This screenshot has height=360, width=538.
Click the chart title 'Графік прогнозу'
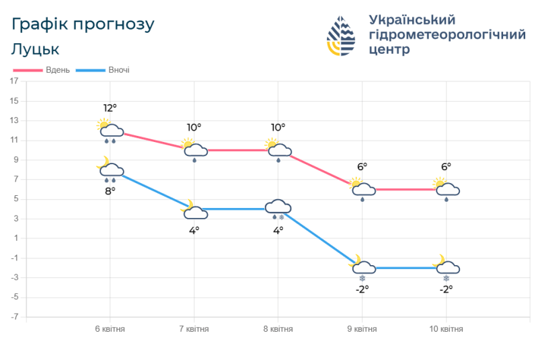click(83, 25)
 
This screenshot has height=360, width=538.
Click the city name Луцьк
click(36, 49)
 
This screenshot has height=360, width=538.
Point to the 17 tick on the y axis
click(14, 81)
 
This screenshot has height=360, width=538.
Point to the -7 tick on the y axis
click(13, 317)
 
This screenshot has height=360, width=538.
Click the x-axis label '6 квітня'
click(110, 329)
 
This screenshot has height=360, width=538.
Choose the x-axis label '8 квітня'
click(278, 329)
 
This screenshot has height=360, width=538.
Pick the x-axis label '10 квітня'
click(446, 329)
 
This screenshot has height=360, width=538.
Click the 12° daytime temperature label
click(110, 108)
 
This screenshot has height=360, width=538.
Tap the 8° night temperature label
click(110, 190)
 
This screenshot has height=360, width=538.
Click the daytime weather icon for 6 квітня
click(110, 131)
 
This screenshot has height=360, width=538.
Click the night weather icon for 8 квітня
click(278, 209)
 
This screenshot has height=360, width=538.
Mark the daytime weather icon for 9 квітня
click(362, 190)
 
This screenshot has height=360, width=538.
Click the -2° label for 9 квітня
click(362, 289)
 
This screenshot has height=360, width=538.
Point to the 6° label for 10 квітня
click(446, 167)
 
